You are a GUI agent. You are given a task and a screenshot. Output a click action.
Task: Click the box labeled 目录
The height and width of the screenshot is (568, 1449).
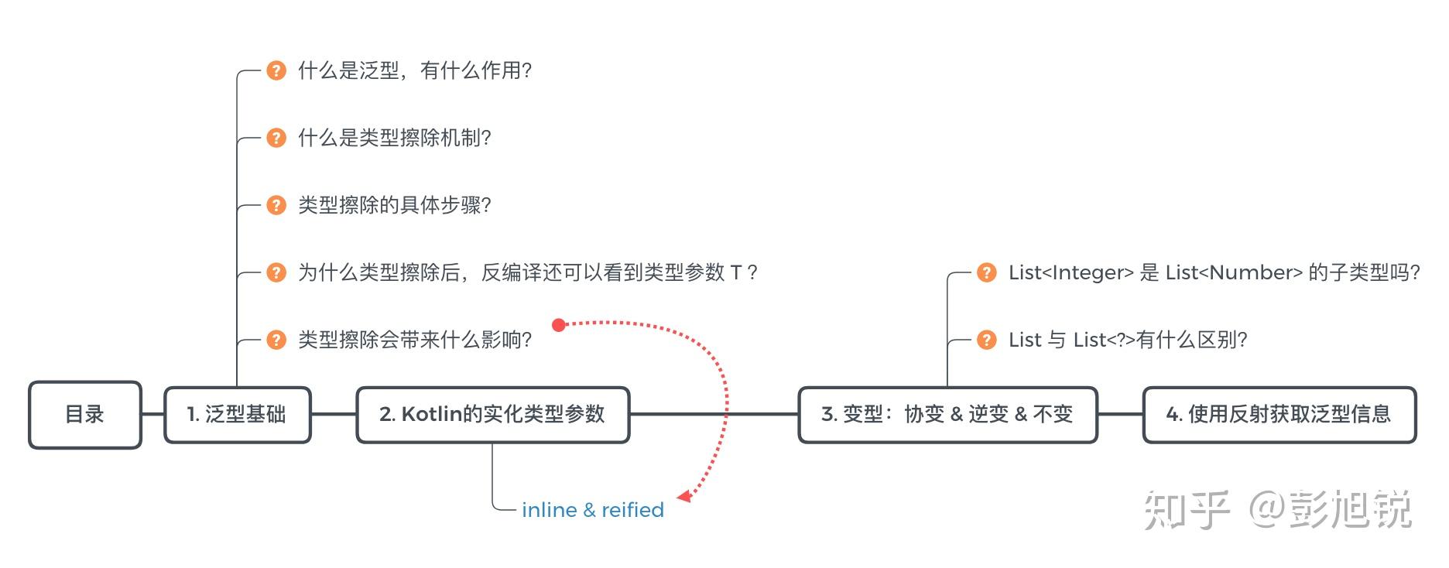click(85, 415)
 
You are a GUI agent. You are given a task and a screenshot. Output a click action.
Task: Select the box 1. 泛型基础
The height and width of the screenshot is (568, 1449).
click(238, 415)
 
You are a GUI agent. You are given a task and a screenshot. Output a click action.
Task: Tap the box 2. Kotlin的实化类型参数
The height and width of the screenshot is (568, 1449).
click(492, 415)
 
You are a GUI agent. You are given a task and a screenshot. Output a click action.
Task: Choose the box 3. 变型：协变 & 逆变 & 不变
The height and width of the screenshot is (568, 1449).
click(947, 415)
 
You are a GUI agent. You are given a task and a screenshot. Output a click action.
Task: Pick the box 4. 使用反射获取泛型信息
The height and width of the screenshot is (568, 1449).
click(1279, 415)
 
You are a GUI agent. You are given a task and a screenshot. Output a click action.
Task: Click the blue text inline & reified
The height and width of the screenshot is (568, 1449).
click(592, 510)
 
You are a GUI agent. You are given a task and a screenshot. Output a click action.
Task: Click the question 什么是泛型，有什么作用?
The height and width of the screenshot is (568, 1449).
click(415, 71)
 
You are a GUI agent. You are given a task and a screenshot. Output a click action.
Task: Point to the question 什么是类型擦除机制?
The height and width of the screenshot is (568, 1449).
click(395, 139)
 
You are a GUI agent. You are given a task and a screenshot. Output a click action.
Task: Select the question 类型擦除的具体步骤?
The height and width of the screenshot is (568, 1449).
click(395, 206)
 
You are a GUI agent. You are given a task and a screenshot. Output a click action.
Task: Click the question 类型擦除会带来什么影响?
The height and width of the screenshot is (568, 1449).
click(415, 340)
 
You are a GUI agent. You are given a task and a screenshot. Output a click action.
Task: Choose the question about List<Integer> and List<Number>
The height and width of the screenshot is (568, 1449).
click(1214, 273)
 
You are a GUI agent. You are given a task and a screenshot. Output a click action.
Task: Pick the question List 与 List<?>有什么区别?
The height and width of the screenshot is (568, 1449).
click(1128, 340)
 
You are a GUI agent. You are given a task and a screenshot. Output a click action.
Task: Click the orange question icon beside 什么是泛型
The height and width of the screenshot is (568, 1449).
click(276, 71)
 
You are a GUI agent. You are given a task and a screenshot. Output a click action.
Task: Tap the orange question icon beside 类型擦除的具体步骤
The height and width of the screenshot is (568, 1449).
click(276, 206)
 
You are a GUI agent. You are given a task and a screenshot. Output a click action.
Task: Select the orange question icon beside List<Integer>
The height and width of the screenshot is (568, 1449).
click(987, 273)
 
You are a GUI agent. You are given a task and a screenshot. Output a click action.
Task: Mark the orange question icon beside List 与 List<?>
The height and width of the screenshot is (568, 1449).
click(987, 340)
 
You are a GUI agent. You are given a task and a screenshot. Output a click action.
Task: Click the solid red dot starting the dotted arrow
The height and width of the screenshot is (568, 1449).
click(559, 325)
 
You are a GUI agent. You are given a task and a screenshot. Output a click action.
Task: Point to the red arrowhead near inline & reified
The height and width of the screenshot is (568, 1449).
click(684, 495)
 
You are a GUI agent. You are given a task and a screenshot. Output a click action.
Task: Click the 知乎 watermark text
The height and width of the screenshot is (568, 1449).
click(1187, 511)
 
